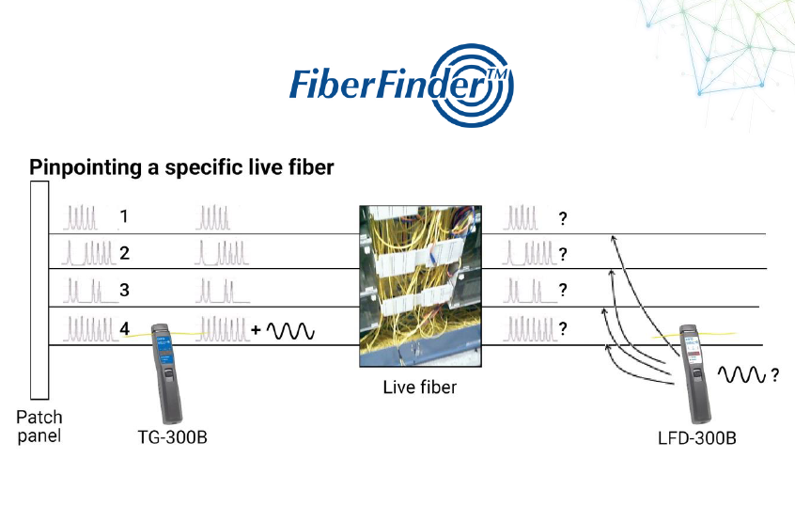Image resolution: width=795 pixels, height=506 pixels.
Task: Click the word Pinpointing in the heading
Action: click(83, 168)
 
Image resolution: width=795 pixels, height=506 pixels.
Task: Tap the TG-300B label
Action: click(169, 437)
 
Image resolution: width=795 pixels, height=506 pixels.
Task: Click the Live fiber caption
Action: click(420, 387)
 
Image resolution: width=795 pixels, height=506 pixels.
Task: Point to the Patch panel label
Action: click(39, 425)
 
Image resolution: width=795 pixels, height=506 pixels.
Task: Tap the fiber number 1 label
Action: click(124, 218)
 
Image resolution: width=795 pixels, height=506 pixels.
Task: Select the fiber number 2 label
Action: click(124, 254)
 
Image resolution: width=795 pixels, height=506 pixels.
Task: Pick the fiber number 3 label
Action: click(124, 290)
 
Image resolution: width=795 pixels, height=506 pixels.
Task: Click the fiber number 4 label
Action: click(124, 328)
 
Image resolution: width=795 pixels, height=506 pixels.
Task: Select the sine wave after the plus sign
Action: click(292, 331)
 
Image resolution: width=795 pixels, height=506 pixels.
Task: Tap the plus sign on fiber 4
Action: click(256, 331)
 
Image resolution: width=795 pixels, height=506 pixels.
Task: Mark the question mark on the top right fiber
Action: click(563, 218)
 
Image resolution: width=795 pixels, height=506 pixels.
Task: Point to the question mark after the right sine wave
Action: click(775, 376)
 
